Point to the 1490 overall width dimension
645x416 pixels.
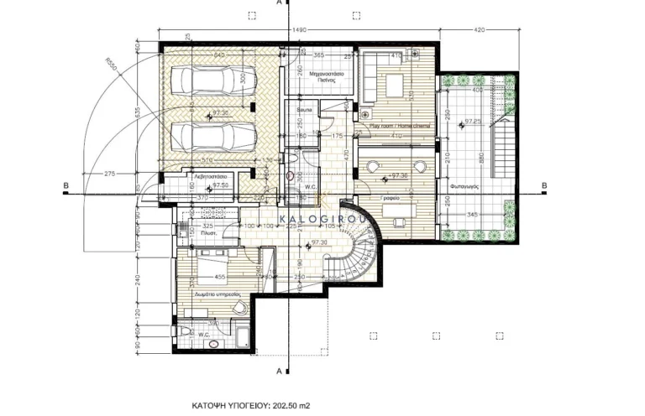pyautogui.click(x=298, y=30)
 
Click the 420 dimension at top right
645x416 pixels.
pyautogui.click(x=480, y=30)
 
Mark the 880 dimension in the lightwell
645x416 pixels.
pyautogui.click(x=482, y=156)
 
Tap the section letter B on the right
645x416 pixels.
pyautogui.click(x=544, y=187)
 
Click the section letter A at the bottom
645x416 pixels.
pyautogui.click(x=279, y=370)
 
